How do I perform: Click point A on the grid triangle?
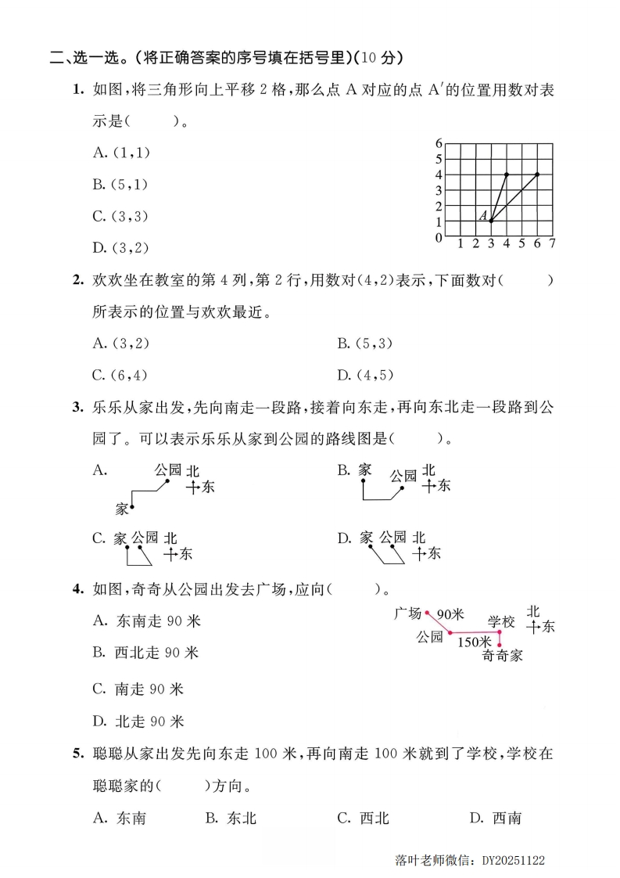pyautogui.click(x=491, y=221)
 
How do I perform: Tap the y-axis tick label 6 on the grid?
pyautogui.click(x=439, y=143)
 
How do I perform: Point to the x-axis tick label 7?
pyautogui.click(x=552, y=244)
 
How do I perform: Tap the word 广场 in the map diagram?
pyautogui.click(x=408, y=614)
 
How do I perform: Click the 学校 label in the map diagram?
pyautogui.click(x=501, y=621)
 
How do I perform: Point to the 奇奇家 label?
pyautogui.click(x=502, y=655)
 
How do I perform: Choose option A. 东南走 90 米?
pyautogui.click(x=146, y=621)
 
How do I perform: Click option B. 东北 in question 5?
pyautogui.click(x=231, y=818)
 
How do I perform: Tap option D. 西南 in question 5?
pyautogui.click(x=495, y=818)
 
